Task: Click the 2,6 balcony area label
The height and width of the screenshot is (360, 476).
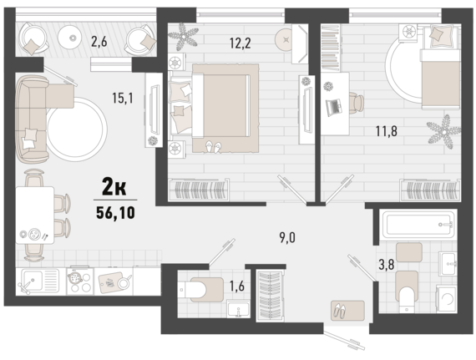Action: point(99,42)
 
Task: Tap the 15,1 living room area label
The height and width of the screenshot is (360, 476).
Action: point(123,98)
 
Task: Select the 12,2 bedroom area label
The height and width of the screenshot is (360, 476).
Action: point(241,43)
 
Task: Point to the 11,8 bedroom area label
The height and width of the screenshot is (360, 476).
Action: point(386,131)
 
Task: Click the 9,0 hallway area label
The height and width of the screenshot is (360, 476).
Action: point(287,238)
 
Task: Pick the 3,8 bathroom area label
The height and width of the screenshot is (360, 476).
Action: point(387,265)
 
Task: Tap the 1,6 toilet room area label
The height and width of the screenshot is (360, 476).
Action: point(237,286)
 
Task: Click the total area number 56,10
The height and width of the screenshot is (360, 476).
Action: point(115,212)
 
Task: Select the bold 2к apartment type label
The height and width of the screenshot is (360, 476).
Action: point(114,187)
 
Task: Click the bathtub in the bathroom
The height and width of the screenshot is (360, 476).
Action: point(418,224)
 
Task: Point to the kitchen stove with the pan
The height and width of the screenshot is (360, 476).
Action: point(79,281)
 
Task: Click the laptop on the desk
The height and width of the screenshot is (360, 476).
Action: point(333,107)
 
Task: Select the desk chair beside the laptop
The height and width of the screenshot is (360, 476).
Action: point(357,104)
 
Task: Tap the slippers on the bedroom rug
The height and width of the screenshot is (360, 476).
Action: point(214,147)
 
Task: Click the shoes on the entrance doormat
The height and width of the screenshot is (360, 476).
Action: point(340,310)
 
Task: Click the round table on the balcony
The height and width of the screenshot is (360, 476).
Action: point(73,38)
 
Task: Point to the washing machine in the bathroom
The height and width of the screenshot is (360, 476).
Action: point(446,299)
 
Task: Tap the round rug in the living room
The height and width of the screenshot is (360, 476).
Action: point(77,129)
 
